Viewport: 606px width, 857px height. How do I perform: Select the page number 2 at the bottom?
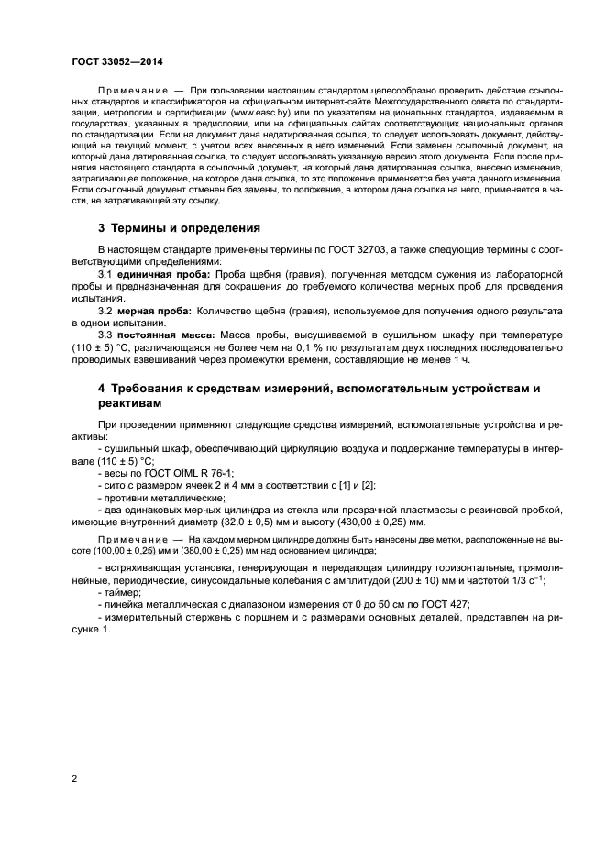[74, 779]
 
